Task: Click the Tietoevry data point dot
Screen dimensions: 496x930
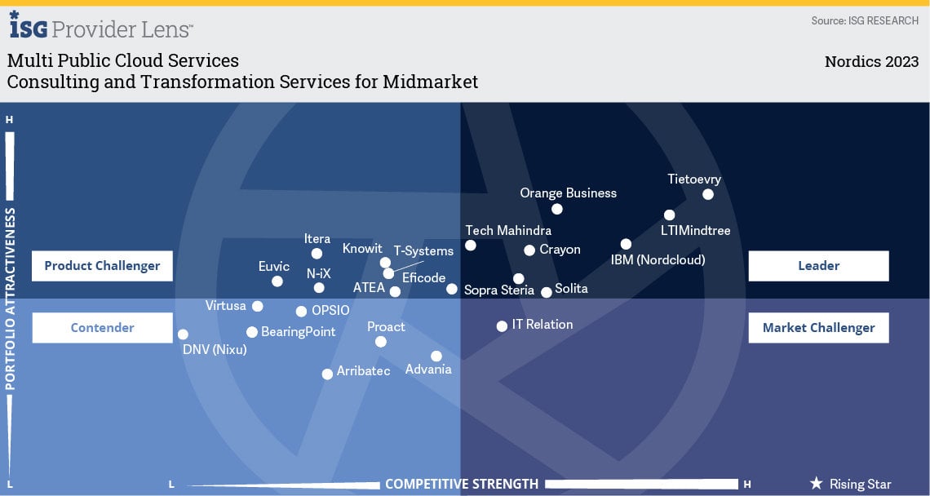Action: pyautogui.click(x=708, y=194)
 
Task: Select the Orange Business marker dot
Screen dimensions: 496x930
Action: pyautogui.click(x=557, y=209)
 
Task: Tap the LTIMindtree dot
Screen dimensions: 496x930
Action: pyautogui.click(x=670, y=215)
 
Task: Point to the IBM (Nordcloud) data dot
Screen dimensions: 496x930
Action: pyautogui.click(x=626, y=244)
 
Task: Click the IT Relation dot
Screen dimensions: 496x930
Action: pyautogui.click(x=502, y=326)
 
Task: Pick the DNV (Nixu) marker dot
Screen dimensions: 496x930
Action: pyautogui.click(x=183, y=334)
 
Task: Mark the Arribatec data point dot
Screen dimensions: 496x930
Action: pyautogui.click(x=327, y=374)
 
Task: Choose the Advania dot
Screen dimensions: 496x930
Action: pyautogui.click(x=436, y=356)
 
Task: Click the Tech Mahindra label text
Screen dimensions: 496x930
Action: pyautogui.click(x=508, y=231)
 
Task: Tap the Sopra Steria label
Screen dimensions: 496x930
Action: pyautogui.click(x=499, y=290)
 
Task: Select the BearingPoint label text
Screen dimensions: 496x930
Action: pyautogui.click(x=299, y=332)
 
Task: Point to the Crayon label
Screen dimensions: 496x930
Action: pyautogui.click(x=560, y=250)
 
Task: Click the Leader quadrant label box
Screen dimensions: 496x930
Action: pyautogui.click(x=818, y=266)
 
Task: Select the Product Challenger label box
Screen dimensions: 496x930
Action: pyautogui.click(x=102, y=266)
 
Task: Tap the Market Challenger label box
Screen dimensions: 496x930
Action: pyautogui.click(x=818, y=328)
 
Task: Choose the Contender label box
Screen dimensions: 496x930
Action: pyautogui.click(x=102, y=328)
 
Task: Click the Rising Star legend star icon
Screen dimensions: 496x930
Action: pyautogui.click(x=816, y=484)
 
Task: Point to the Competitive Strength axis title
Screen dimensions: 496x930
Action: pyautogui.click(x=462, y=484)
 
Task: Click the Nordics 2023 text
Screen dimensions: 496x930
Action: pyautogui.click(x=871, y=62)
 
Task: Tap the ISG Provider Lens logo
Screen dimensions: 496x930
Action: pyautogui.click(x=101, y=26)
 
